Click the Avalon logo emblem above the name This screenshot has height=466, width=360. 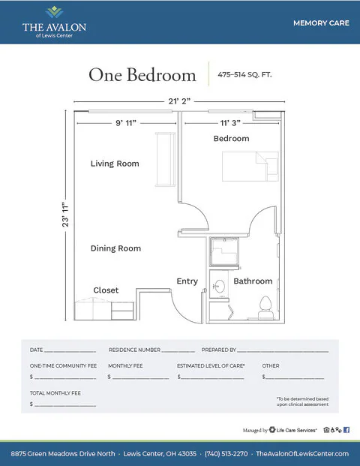pos(54,12)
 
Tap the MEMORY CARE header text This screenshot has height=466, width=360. pos(321,23)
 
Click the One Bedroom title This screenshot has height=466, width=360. pos(142,74)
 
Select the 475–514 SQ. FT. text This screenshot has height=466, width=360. pos(244,74)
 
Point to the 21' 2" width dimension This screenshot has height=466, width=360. pos(179,101)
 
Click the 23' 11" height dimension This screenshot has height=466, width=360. pos(65,215)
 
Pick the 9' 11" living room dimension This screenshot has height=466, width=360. pos(126,123)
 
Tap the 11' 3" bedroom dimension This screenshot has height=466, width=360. pos(230,123)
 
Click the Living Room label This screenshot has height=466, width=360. pos(115,164)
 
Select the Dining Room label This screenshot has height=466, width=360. pos(115,248)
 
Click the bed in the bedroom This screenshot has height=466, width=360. pos(250,167)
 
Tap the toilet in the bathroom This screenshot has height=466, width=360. pos(265,308)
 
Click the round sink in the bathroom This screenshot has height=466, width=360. pos(220,286)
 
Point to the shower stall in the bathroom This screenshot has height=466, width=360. pos(224,251)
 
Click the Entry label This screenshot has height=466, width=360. pos(187,281)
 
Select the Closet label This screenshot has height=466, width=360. pos(106,290)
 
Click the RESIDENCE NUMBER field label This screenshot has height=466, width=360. pos(134,350)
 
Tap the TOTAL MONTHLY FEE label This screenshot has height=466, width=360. pos(55,393)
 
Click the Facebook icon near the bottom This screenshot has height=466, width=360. pos(346,430)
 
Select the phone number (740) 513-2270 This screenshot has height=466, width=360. pos(226,454)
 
